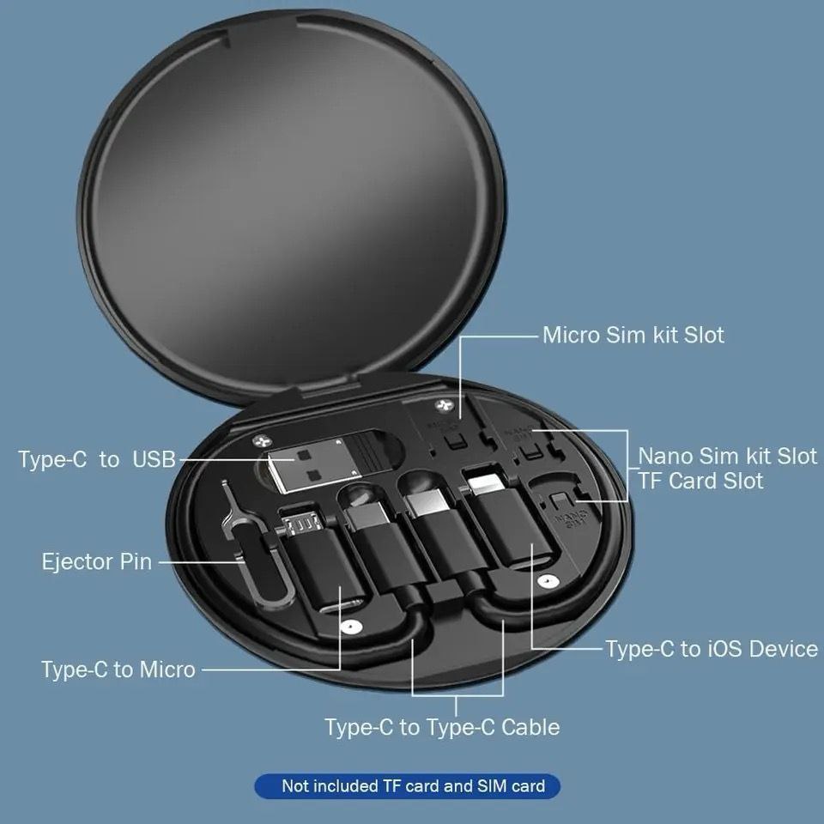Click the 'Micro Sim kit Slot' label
(633, 335)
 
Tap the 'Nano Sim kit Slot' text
(727, 455)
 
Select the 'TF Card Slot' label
(700, 481)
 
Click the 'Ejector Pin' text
(96, 562)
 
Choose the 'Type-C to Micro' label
(118, 669)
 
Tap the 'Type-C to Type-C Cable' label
(441, 727)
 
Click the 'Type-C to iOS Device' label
(712, 649)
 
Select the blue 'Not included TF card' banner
(407, 785)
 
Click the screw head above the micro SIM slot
(443, 405)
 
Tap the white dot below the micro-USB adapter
(347, 627)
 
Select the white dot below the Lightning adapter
(543, 583)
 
